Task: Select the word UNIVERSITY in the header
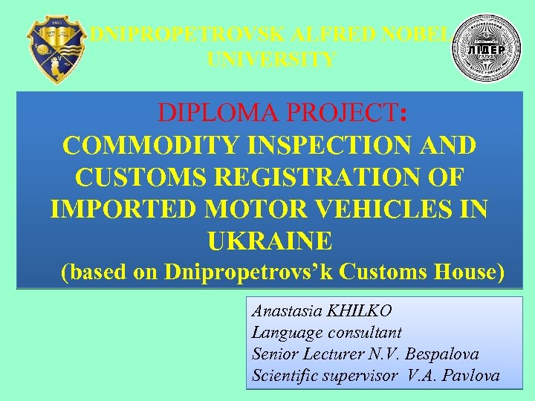[x=271, y=59]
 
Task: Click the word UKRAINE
[x=269, y=241]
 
